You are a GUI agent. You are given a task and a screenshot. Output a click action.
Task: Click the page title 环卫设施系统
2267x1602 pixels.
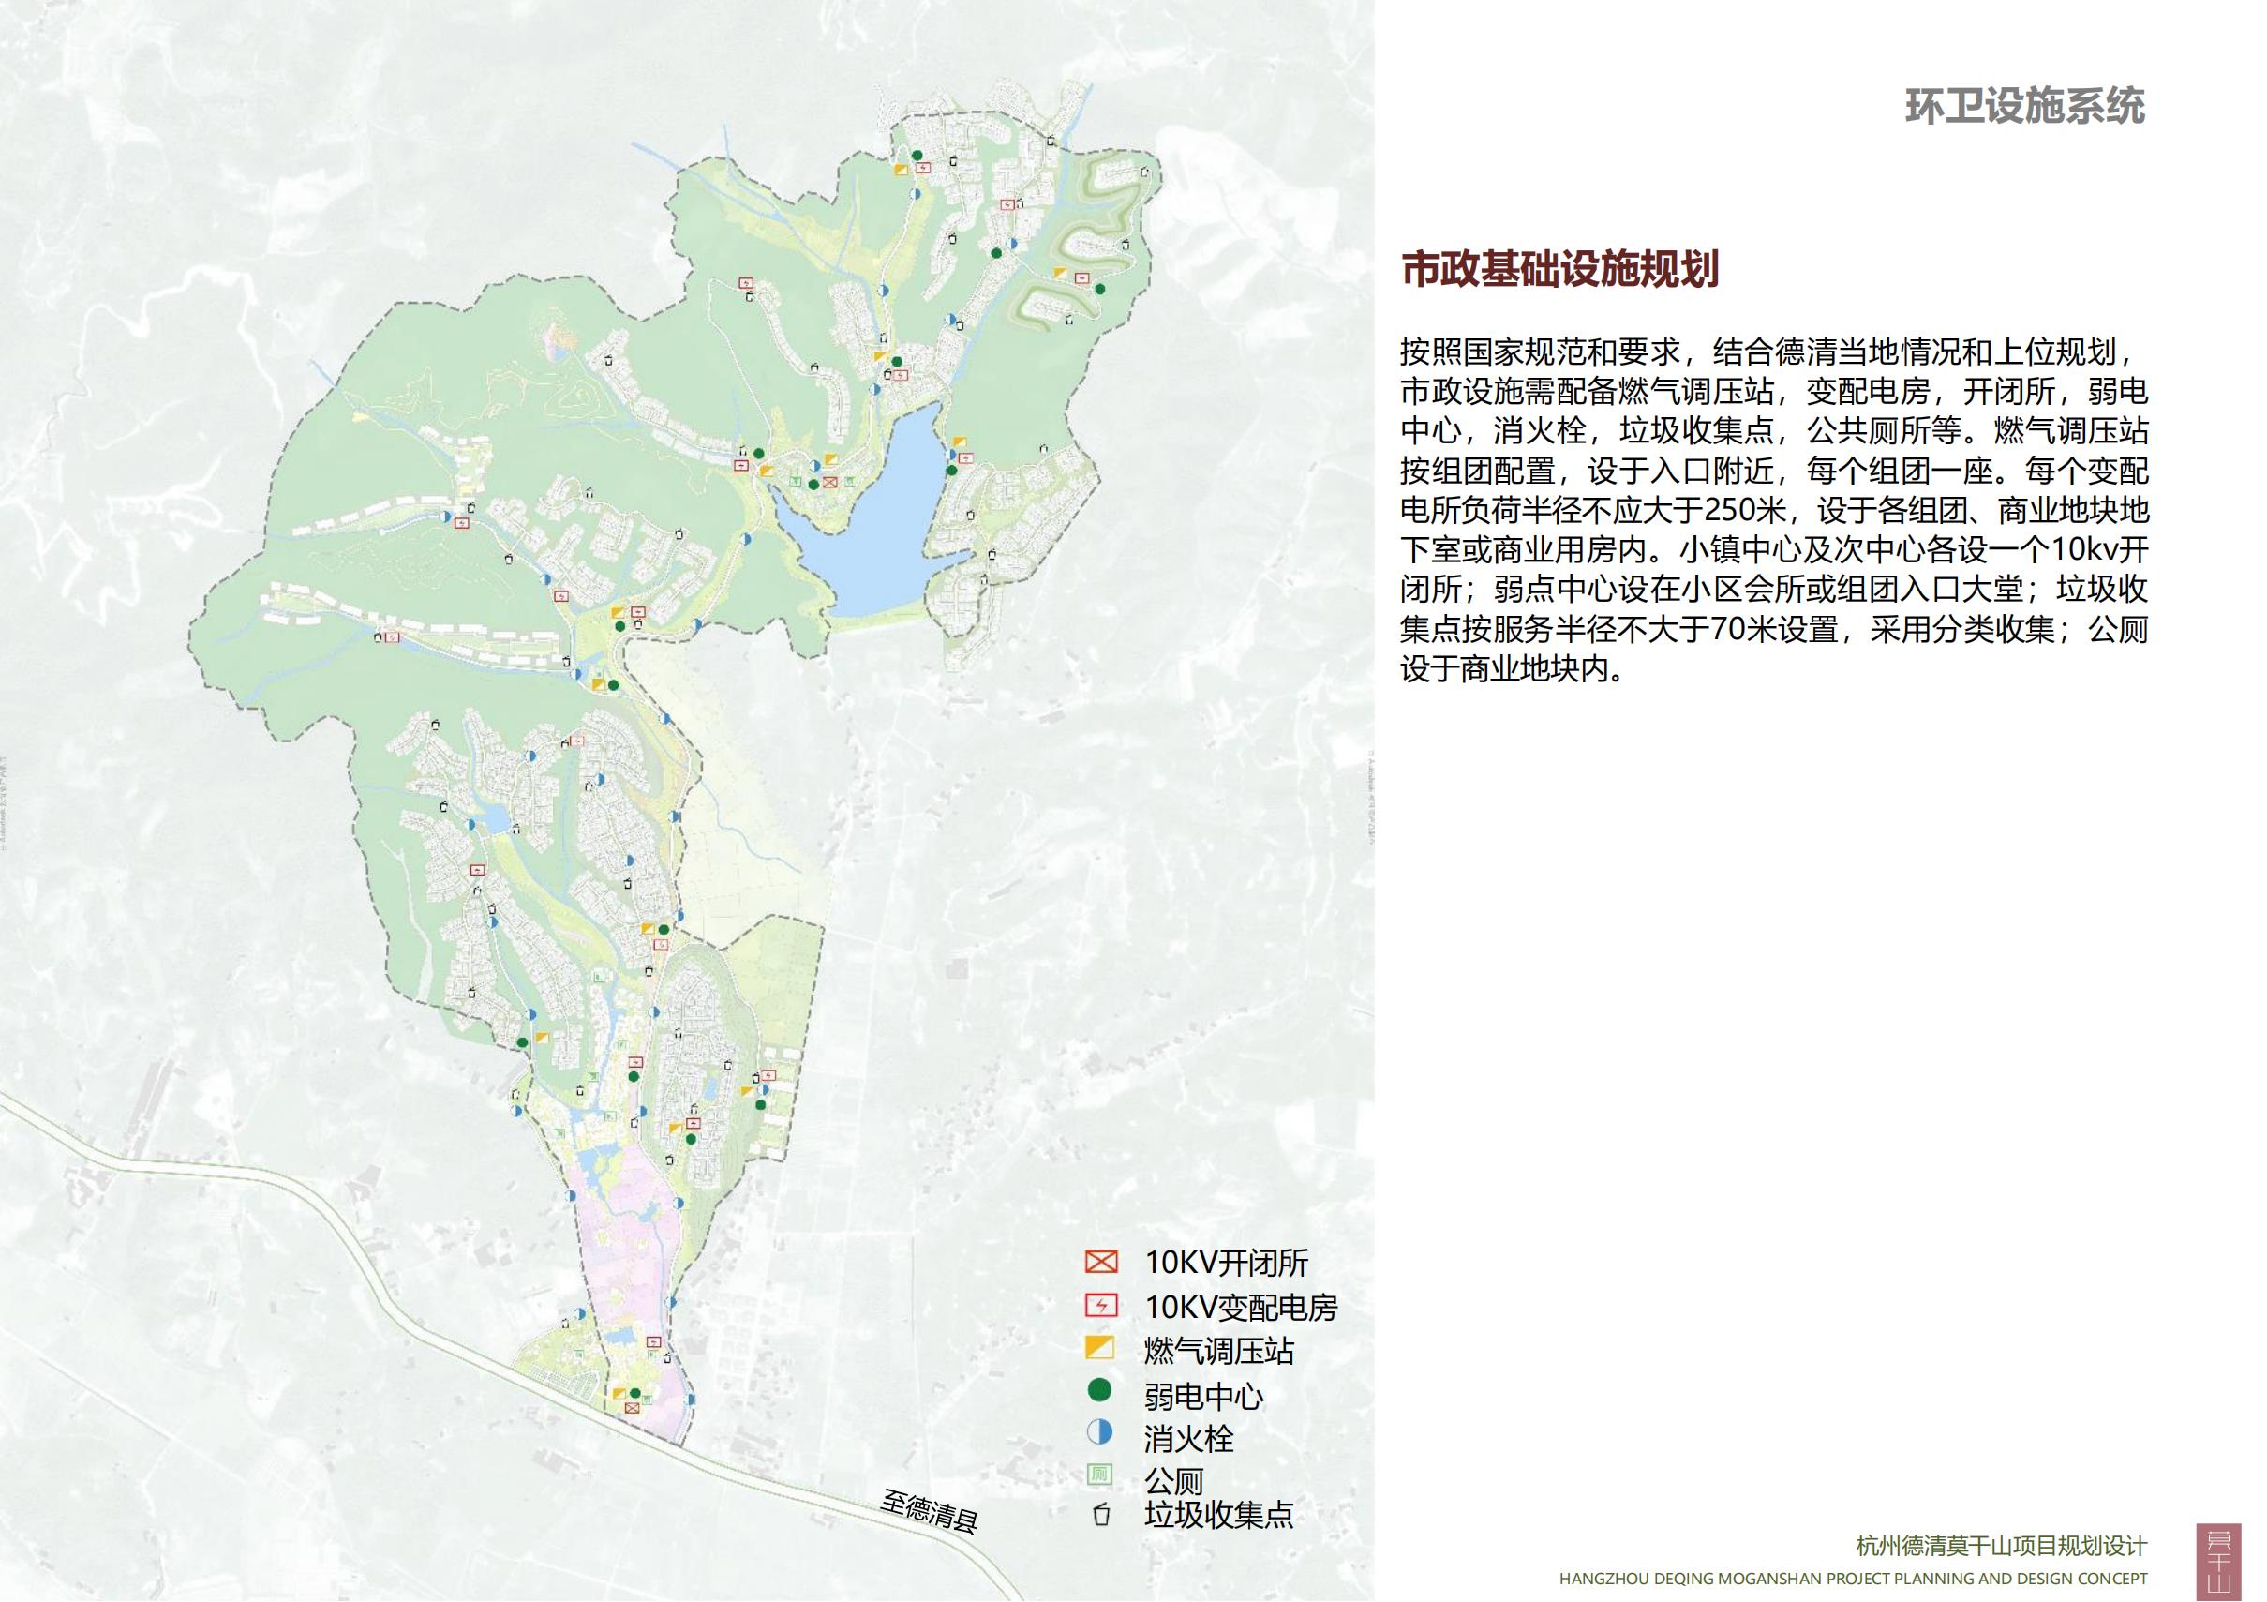[2024, 107]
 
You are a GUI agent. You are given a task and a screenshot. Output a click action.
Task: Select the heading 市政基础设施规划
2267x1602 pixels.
[1560, 269]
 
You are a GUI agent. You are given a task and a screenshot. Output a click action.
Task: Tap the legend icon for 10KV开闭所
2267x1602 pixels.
[1100, 1263]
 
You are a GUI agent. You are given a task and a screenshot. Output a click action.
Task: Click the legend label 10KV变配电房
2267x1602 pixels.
[1240, 1307]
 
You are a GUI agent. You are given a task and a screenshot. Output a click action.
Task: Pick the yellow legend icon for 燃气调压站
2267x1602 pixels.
[1099, 1348]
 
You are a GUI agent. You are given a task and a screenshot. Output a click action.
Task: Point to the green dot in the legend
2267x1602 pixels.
[1099, 1391]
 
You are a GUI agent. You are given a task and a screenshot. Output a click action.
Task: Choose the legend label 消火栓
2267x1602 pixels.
[1188, 1438]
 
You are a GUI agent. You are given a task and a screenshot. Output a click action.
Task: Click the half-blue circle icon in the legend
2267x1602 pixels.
[1099, 1432]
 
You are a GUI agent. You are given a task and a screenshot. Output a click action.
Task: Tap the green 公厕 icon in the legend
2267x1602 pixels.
[1099, 1475]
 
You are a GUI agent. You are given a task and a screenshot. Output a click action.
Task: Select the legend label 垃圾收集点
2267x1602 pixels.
[1218, 1514]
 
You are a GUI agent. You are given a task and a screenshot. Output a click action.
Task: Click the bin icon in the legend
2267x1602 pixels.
[1101, 1514]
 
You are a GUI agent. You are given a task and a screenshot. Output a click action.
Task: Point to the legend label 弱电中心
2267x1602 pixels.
[1203, 1395]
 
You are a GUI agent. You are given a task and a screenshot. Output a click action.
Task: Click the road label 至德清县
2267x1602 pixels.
[928, 1511]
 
